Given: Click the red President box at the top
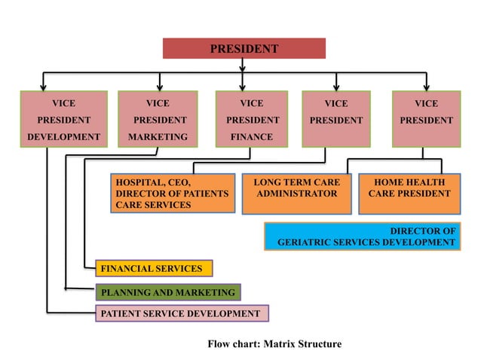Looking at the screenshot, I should (244, 49).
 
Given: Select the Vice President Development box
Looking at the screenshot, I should (63, 119).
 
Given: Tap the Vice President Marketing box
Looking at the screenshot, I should (158, 119).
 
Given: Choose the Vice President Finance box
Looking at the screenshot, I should (251, 119).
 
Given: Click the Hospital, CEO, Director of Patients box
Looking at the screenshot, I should (170, 194).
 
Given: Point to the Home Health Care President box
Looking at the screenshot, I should (409, 188).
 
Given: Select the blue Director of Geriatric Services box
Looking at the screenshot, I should (361, 236).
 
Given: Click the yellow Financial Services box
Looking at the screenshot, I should (154, 268).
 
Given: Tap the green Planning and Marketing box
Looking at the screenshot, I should (167, 291).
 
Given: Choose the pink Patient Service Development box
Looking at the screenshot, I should (182, 313).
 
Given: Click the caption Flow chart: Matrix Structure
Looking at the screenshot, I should (274, 344).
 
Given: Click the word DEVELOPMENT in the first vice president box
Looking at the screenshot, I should (63, 137).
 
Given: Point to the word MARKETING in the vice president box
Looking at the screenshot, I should (158, 137).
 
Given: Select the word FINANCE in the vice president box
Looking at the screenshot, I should (251, 137).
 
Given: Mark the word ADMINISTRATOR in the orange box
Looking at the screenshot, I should (296, 194).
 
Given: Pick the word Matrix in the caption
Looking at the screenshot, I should (280, 344).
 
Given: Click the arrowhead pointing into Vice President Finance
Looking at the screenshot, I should (242, 86).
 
